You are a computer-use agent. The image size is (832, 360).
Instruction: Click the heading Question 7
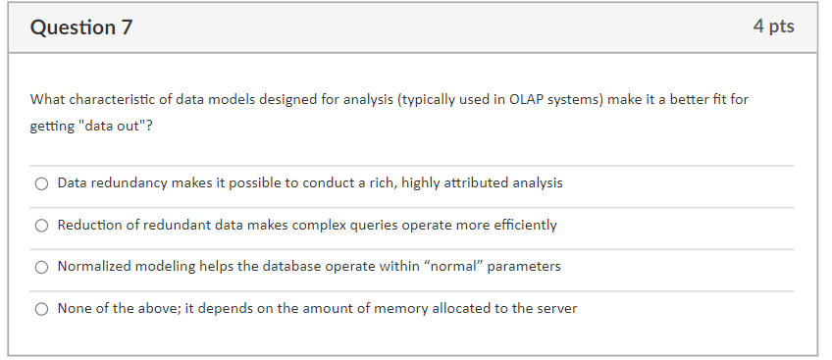[x=81, y=28]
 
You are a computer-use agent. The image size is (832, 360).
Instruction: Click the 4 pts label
[x=773, y=27]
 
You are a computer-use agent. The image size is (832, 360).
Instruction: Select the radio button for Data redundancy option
[x=41, y=183]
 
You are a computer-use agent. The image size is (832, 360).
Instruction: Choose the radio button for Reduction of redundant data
[x=41, y=226]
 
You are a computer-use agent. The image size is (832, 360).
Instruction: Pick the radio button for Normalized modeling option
[x=41, y=267]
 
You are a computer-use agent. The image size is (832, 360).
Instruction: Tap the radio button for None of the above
[x=41, y=309]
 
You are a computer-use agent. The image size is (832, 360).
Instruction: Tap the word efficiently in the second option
[x=521, y=226]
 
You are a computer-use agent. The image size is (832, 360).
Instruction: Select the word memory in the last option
[x=393, y=309]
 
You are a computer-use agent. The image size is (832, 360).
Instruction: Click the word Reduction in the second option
[x=88, y=226]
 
